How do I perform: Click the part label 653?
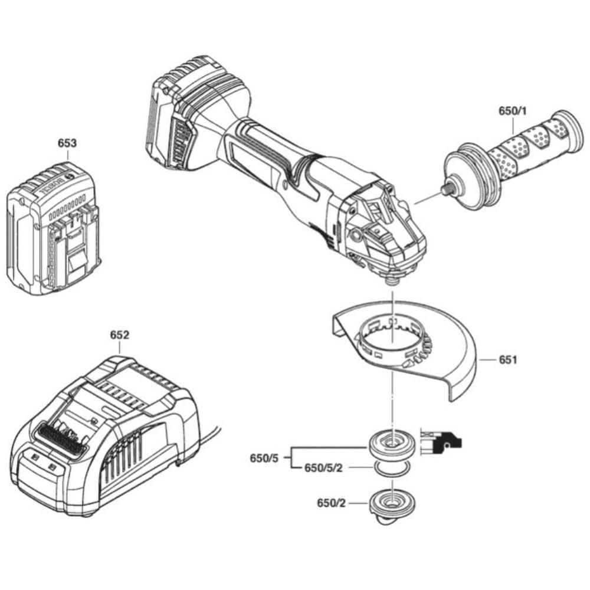[x=67, y=143]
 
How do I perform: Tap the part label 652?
[x=119, y=335]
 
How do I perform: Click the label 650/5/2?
[x=323, y=468]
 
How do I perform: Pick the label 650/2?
[x=330, y=503]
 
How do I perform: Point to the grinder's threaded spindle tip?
[x=391, y=281]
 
